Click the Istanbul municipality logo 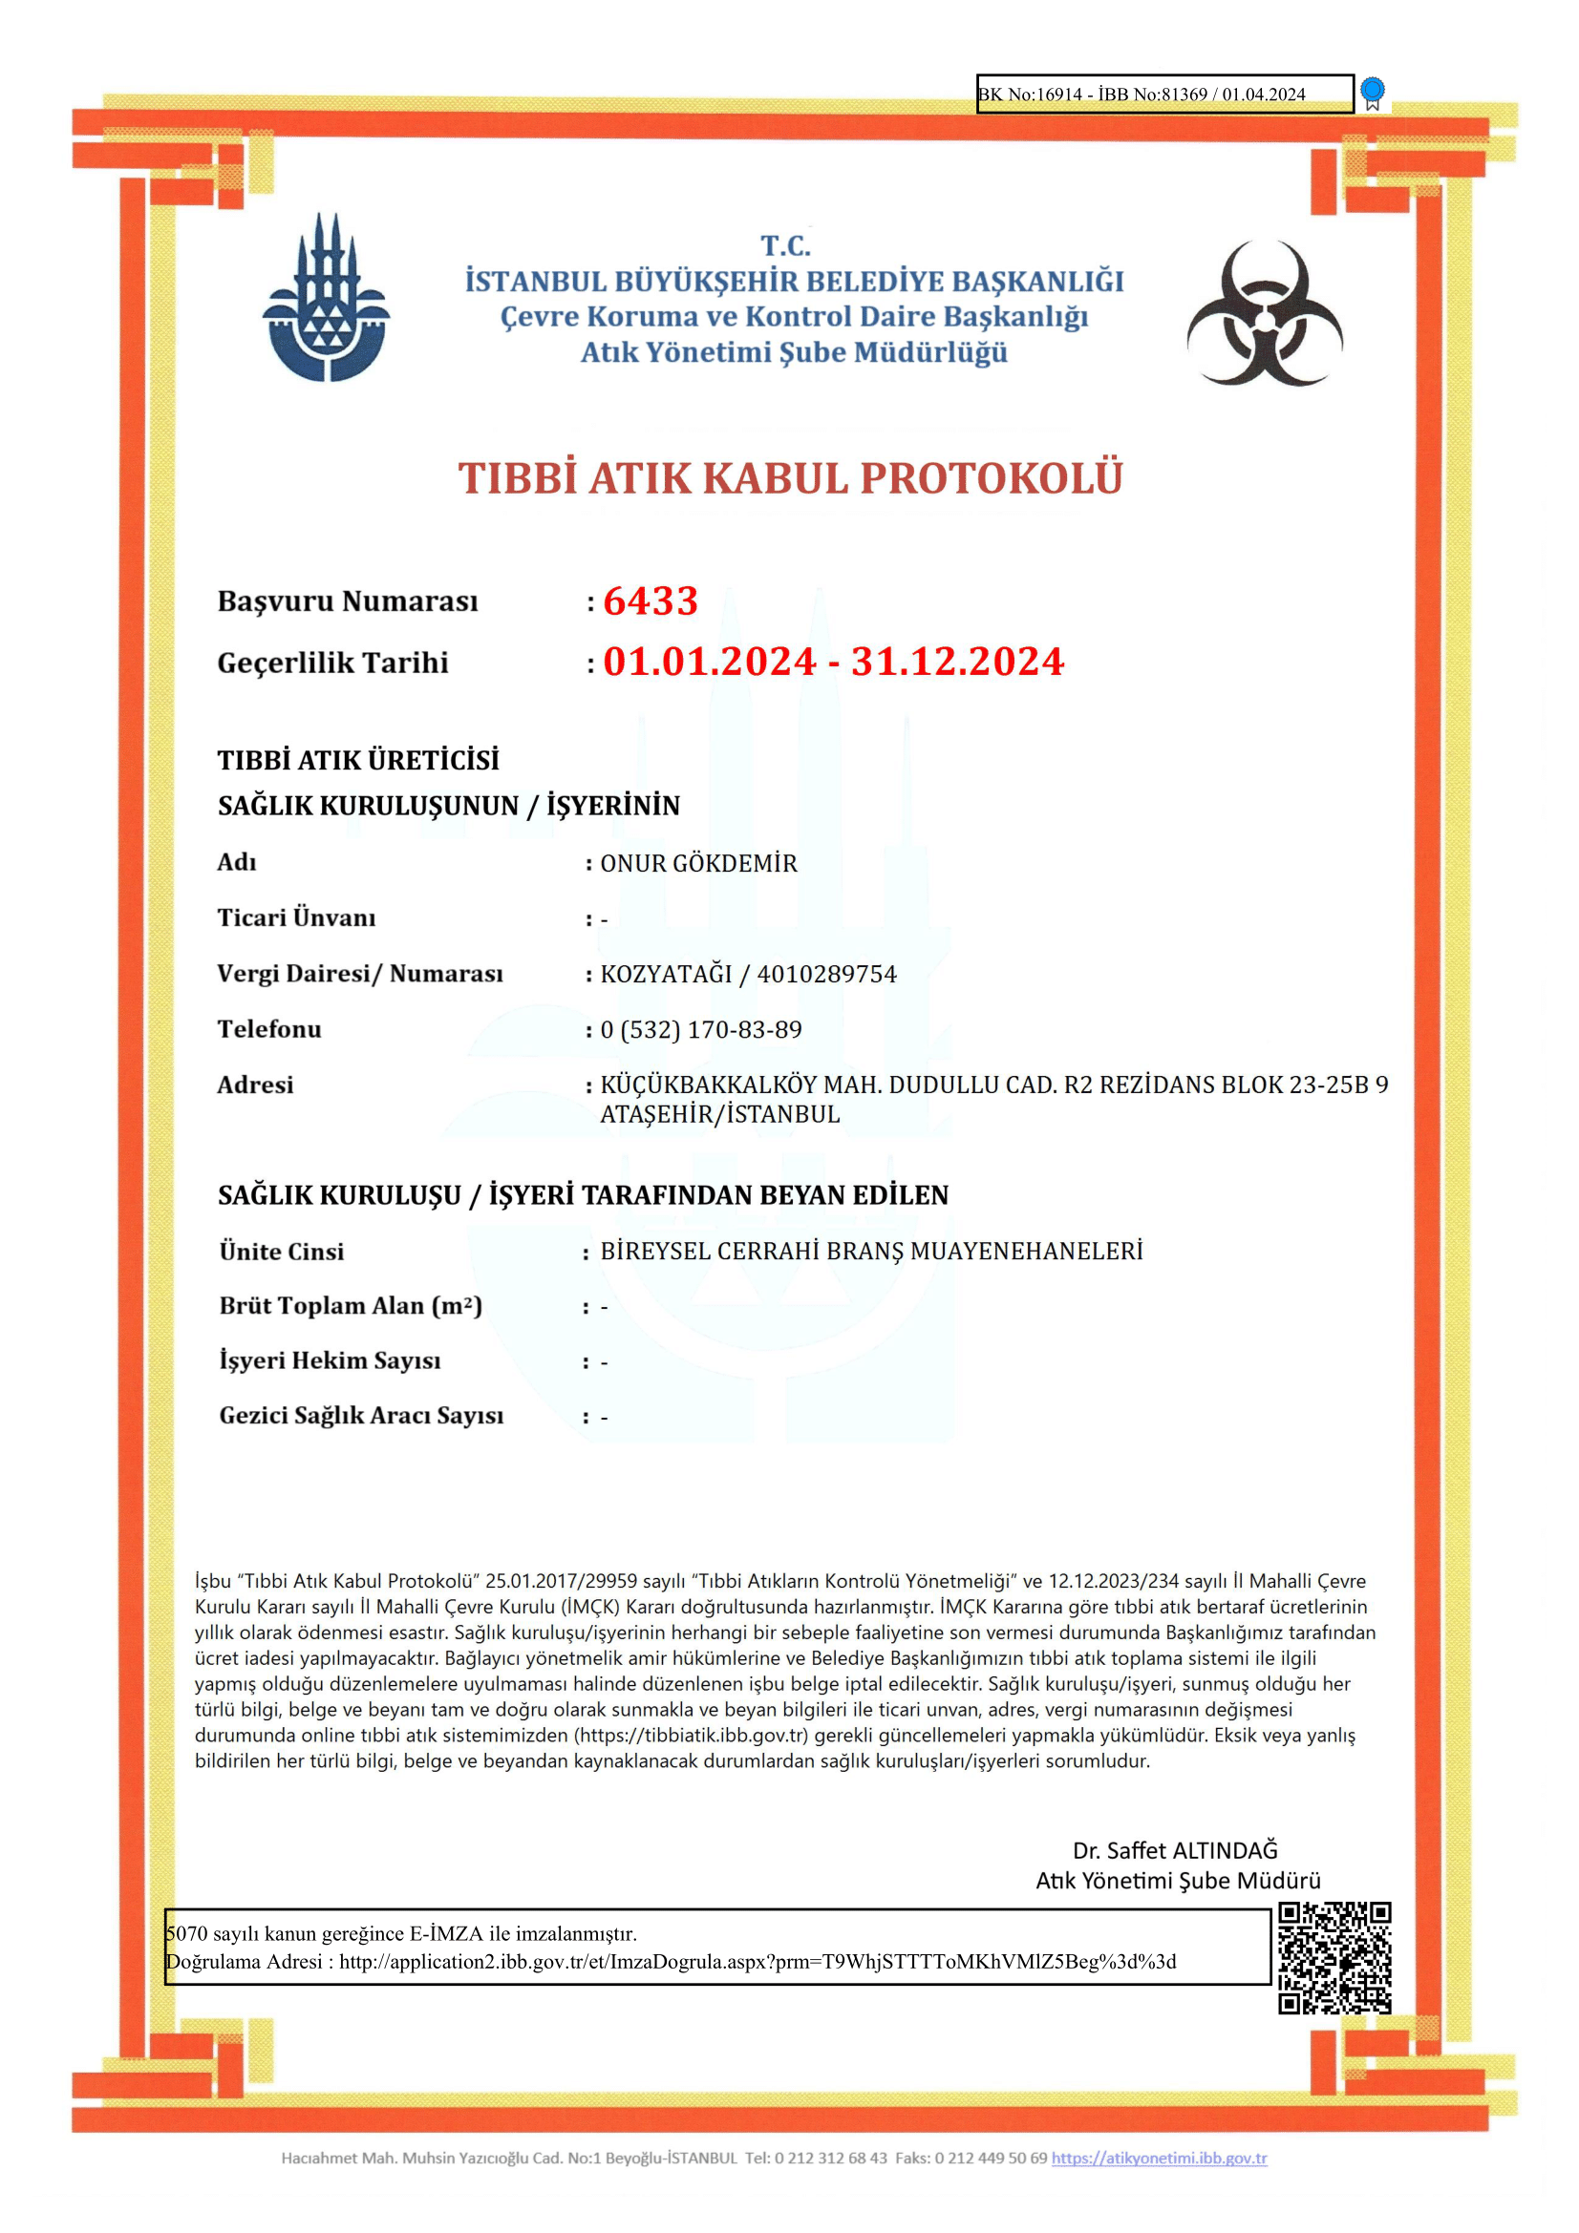pyautogui.click(x=326, y=299)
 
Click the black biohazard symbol pyautogui.click(x=1264, y=313)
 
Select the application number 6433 pyautogui.click(x=650, y=601)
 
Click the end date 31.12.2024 pyautogui.click(x=957, y=663)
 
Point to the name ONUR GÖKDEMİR pyautogui.click(x=698, y=864)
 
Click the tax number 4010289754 pyautogui.click(x=827, y=975)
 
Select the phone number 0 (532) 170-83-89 pyautogui.click(x=700, y=1030)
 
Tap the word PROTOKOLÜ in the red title pyautogui.click(x=992, y=478)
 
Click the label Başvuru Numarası pyautogui.click(x=348, y=601)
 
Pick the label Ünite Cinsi pyautogui.click(x=281, y=1252)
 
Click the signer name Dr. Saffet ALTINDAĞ pyautogui.click(x=1174, y=1850)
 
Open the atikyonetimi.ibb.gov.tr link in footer pyautogui.click(x=1159, y=2159)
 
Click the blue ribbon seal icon pyautogui.click(x=1372, y=93)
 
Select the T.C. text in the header pyautogui.click(x=785, y=246)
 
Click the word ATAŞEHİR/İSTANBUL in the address pyautogui.click(x=720, y=1114)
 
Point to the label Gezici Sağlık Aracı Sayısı pyautogui.click(x=361, y=1415)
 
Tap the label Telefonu pyautogui.click(x=268, y=1029)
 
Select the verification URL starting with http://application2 pyautogui.click(x=757, y=1962)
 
